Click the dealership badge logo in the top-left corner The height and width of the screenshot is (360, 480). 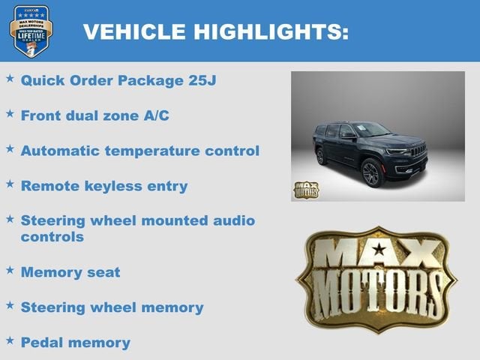pos(31,31)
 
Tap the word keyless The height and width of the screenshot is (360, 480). pos(119,185)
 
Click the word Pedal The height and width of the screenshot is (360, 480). pos(43,342)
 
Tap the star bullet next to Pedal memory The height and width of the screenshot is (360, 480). pos(10,340)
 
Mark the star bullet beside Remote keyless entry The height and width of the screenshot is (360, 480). pos(10,184)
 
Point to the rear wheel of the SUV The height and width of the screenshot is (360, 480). pos(322,157)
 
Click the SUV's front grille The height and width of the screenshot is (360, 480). pos(418,150)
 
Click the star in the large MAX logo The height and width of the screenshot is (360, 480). pos(379,249)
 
